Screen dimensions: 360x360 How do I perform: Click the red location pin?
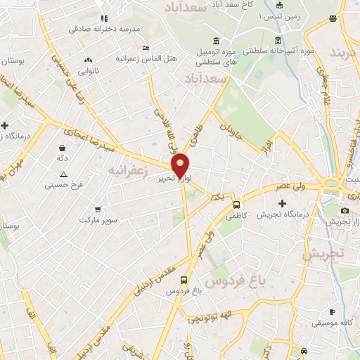[180, 165]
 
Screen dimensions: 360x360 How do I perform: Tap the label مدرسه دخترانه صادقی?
[103, 29]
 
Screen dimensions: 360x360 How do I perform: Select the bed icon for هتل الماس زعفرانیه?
[146, 48]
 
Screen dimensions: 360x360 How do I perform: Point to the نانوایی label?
[89, 71]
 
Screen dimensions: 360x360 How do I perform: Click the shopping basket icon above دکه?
[63, 148]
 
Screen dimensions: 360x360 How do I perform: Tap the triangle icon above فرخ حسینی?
[63, 174]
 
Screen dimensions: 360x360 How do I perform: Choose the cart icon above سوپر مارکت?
[97, 209]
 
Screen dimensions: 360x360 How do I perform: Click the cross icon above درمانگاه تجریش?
[282, 202]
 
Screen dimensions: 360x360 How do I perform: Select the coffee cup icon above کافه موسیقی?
[332, 311]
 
